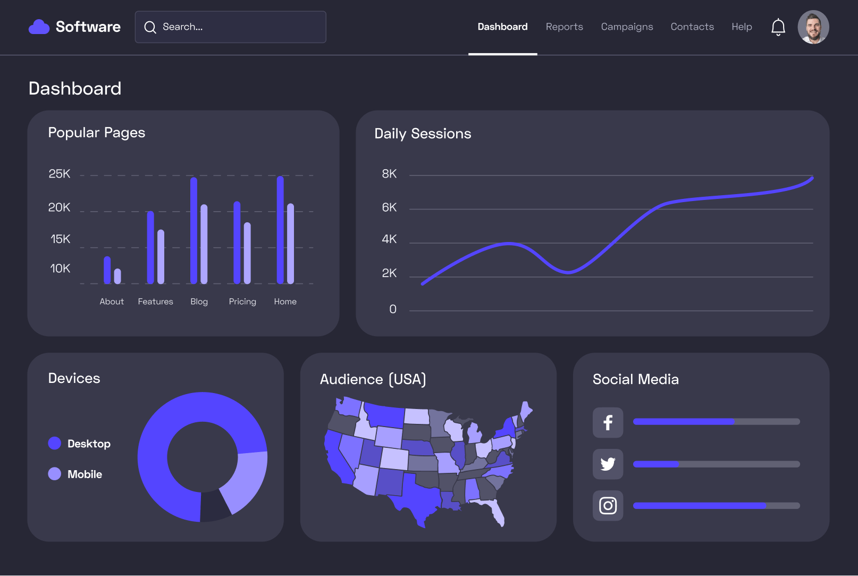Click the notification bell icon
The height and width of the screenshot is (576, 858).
click(778, 27)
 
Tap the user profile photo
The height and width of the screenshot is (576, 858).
click(813, 27)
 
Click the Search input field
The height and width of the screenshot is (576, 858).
click(230, 27)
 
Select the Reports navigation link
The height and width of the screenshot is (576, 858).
click(564, 27)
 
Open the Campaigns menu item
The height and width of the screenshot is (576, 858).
click(627, 27)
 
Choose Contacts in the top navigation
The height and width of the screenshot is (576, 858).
click(692, 27)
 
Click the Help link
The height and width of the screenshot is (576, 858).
click(741, 27)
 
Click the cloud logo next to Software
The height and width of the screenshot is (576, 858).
click(39, 27)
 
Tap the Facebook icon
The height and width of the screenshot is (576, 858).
click(608, 423)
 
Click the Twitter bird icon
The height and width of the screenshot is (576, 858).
click(608, 464)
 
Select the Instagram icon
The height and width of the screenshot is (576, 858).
click(608, 505)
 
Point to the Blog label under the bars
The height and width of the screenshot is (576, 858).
click(199, 302)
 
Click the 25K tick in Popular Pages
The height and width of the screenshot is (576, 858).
click(60, 174)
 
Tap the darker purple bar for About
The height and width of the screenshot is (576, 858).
click(107, 270)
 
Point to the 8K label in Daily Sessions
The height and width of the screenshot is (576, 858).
click(389, 174)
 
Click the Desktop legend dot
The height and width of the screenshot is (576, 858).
click(55, 444)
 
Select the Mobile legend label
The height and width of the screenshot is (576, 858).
click(85, 474)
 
